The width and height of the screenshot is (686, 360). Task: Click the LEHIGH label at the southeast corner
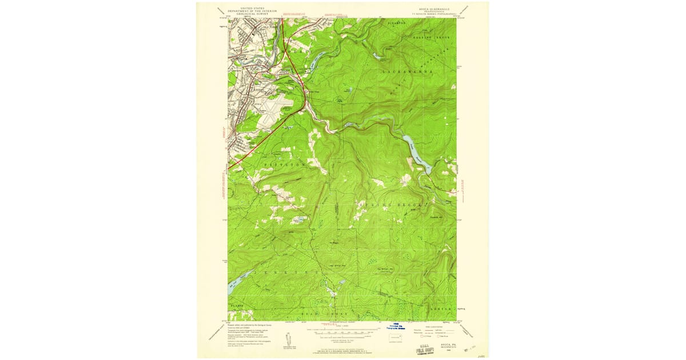(x=440, y=309)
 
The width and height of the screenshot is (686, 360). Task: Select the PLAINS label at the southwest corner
(x=237, y=306)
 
